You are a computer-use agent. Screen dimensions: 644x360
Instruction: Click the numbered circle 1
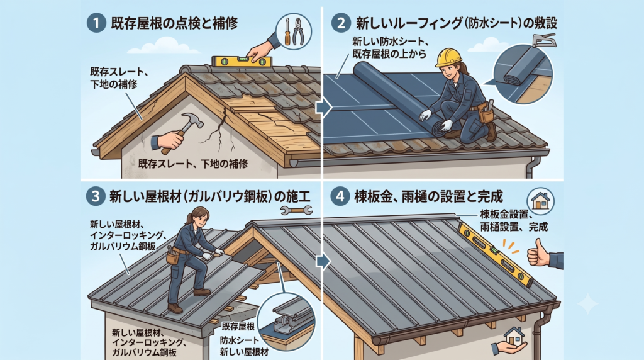pyautogui.click(x=96, y=23)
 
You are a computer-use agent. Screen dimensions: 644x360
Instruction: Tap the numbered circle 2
pyautogui.click(x=341, y=23)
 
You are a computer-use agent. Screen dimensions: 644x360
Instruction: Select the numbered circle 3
pyautogui.click(x=96, y=196)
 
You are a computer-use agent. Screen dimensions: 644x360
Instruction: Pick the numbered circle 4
pyautogui.click(x=340, y=196)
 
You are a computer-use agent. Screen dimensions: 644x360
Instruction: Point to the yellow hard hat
pyautogui.click(x=448, y=57)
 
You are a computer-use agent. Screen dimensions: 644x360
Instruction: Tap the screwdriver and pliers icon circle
pyautogui.click(x=293, y=31)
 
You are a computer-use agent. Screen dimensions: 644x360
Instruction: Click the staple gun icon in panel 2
pyautogui.click(x=544, y=41)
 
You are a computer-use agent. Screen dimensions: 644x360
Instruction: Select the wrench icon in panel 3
pyautogui.click(x=296, y=210)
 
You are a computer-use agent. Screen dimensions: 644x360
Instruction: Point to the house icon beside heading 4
pyautogui.click(x=540, y=201)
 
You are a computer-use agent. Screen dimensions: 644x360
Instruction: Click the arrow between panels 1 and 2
pyautogui.click(x=324, y=108)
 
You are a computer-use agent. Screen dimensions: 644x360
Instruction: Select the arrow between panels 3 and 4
pyautogui.click(x=324, y=261)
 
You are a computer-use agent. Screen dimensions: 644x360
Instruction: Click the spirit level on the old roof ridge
pyautogui.click(x=242, y=62)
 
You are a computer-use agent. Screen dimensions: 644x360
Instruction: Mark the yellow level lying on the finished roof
pyautogui.click(x=496, y=255)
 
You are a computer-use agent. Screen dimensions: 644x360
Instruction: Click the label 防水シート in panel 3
pyautogui.click(x=240, y=340)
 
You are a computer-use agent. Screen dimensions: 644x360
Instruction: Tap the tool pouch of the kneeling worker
pyautogui.click(x=486, y=113)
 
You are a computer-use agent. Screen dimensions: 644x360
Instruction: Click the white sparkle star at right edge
pyautogui.click(x=588, y=304)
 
